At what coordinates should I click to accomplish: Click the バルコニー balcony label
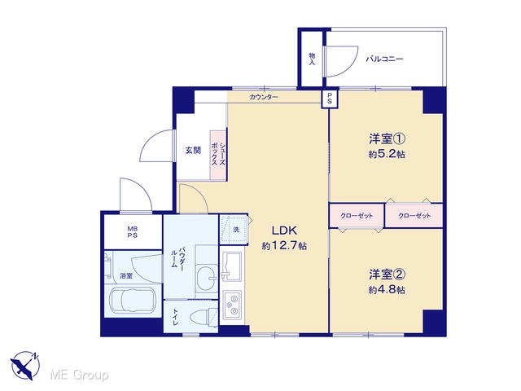(x=384, y=59)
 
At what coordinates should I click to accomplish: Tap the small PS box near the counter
(x=330, y=99)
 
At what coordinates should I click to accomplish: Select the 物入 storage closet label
(x=312, y=59)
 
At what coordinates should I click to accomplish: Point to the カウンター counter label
(x=264, y=97)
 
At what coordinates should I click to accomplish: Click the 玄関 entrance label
(x=193, y=150)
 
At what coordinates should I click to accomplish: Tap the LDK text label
(x=284, y=230)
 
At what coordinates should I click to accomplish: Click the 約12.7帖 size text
(x=284, y=246)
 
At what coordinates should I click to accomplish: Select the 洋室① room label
(x=387, y=138)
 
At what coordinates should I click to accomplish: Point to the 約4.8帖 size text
(x=387, y=290)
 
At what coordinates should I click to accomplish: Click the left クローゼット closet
(x=357, y=216)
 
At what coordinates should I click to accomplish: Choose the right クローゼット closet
(x=414, y=216)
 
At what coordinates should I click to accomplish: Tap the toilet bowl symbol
(x=204, y=317)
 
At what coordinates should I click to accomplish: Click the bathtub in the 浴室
(x=133, y=301)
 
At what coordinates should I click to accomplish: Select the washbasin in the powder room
(x=207, y=275)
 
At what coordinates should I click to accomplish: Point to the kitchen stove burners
(x=232, y=305)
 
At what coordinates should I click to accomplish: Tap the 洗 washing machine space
(x=234, y=230)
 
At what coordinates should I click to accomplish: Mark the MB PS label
(x=133, y=232)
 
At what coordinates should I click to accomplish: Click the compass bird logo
(x=25, y=366)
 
